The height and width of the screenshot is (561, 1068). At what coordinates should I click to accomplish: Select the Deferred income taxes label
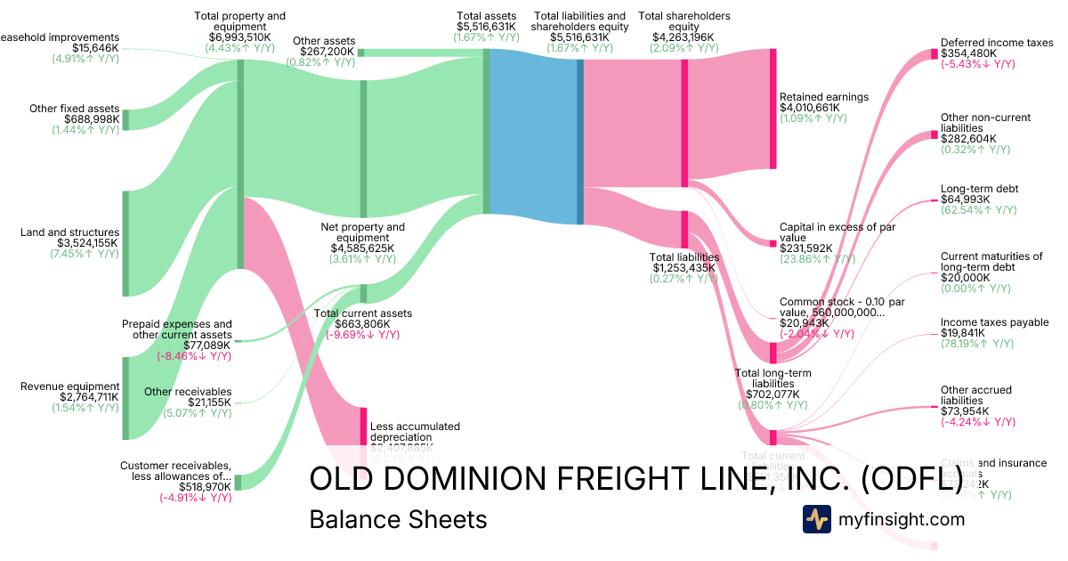(x=997, y=42)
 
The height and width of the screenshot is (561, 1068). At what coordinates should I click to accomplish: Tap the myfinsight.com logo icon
(x=816, y=519)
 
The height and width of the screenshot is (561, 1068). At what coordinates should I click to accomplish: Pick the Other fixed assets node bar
(x=125, y=119)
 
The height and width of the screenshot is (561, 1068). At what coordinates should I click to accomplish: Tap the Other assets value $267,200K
(x=327, y=52)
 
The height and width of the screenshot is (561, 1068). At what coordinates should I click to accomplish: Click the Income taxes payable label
(x=994, y=322)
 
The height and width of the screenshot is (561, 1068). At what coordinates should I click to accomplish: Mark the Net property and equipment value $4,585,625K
(x=362, y=248)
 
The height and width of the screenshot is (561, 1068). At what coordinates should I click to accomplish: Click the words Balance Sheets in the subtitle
(x=398, y=519)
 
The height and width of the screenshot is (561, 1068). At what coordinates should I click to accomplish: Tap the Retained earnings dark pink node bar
(x=773, y=109)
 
